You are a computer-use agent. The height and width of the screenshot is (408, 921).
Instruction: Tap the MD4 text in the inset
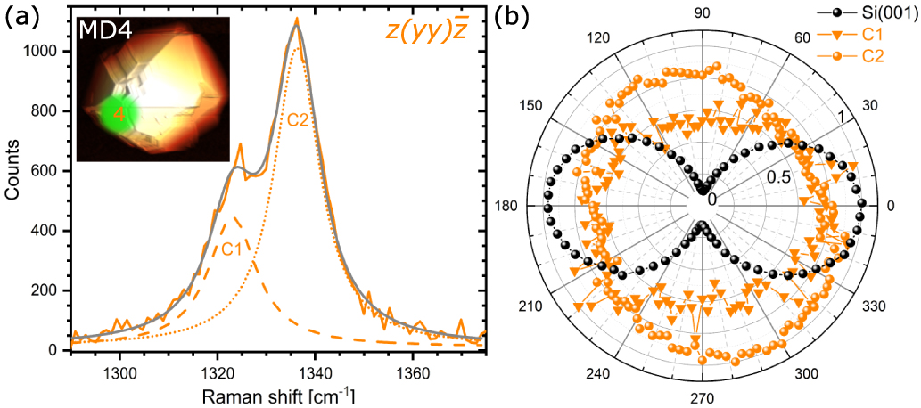tap(106, 32)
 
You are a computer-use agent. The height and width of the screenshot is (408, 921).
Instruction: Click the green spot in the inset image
tap(117, 114)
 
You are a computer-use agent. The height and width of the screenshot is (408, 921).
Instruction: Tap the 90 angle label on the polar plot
tap(703, 12)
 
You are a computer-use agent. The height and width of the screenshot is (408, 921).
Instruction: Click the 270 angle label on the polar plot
tap(703, 398)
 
